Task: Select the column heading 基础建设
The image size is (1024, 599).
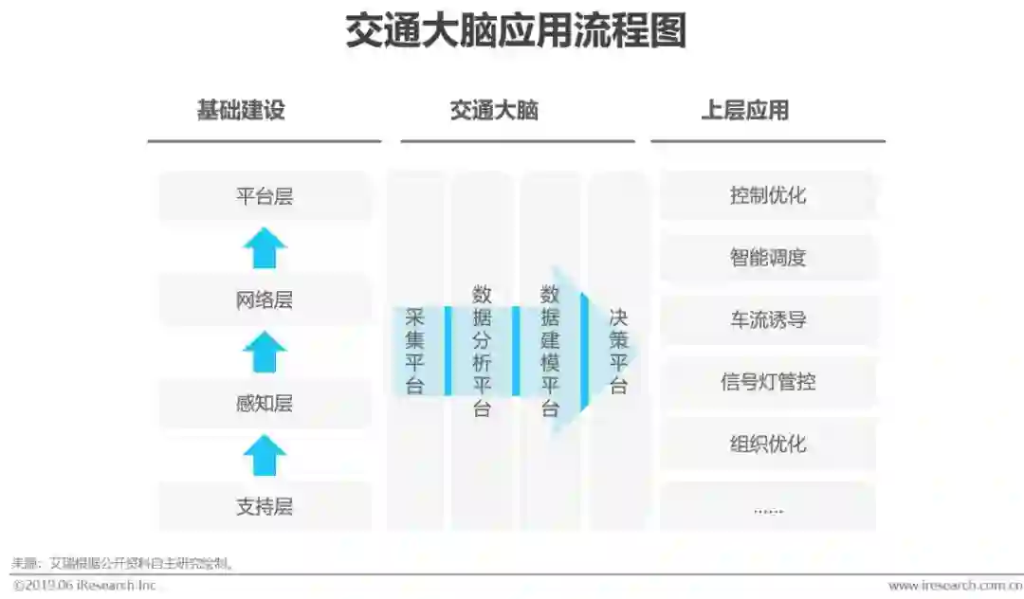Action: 240,110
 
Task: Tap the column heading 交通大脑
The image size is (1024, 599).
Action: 494,110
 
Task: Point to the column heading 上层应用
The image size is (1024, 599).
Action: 744,110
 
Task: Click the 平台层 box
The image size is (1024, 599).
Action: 265,196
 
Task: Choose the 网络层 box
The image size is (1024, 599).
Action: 265,300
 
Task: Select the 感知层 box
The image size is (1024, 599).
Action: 265,404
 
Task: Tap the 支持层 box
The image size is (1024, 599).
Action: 265,507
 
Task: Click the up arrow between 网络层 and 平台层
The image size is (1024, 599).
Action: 265,248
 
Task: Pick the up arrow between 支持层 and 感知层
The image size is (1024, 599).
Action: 265,455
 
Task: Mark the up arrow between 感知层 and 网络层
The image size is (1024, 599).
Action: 265,352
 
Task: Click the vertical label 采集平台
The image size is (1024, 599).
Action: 415,351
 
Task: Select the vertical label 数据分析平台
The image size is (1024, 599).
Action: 482,351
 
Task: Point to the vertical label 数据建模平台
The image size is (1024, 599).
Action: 550,351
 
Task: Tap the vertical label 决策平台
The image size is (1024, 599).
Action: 618,351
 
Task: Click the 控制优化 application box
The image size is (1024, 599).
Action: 768,196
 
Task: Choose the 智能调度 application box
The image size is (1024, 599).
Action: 768,258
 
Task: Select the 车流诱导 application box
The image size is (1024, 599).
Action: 768,320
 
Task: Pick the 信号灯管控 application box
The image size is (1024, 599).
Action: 768,382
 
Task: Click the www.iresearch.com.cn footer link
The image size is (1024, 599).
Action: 954,586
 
